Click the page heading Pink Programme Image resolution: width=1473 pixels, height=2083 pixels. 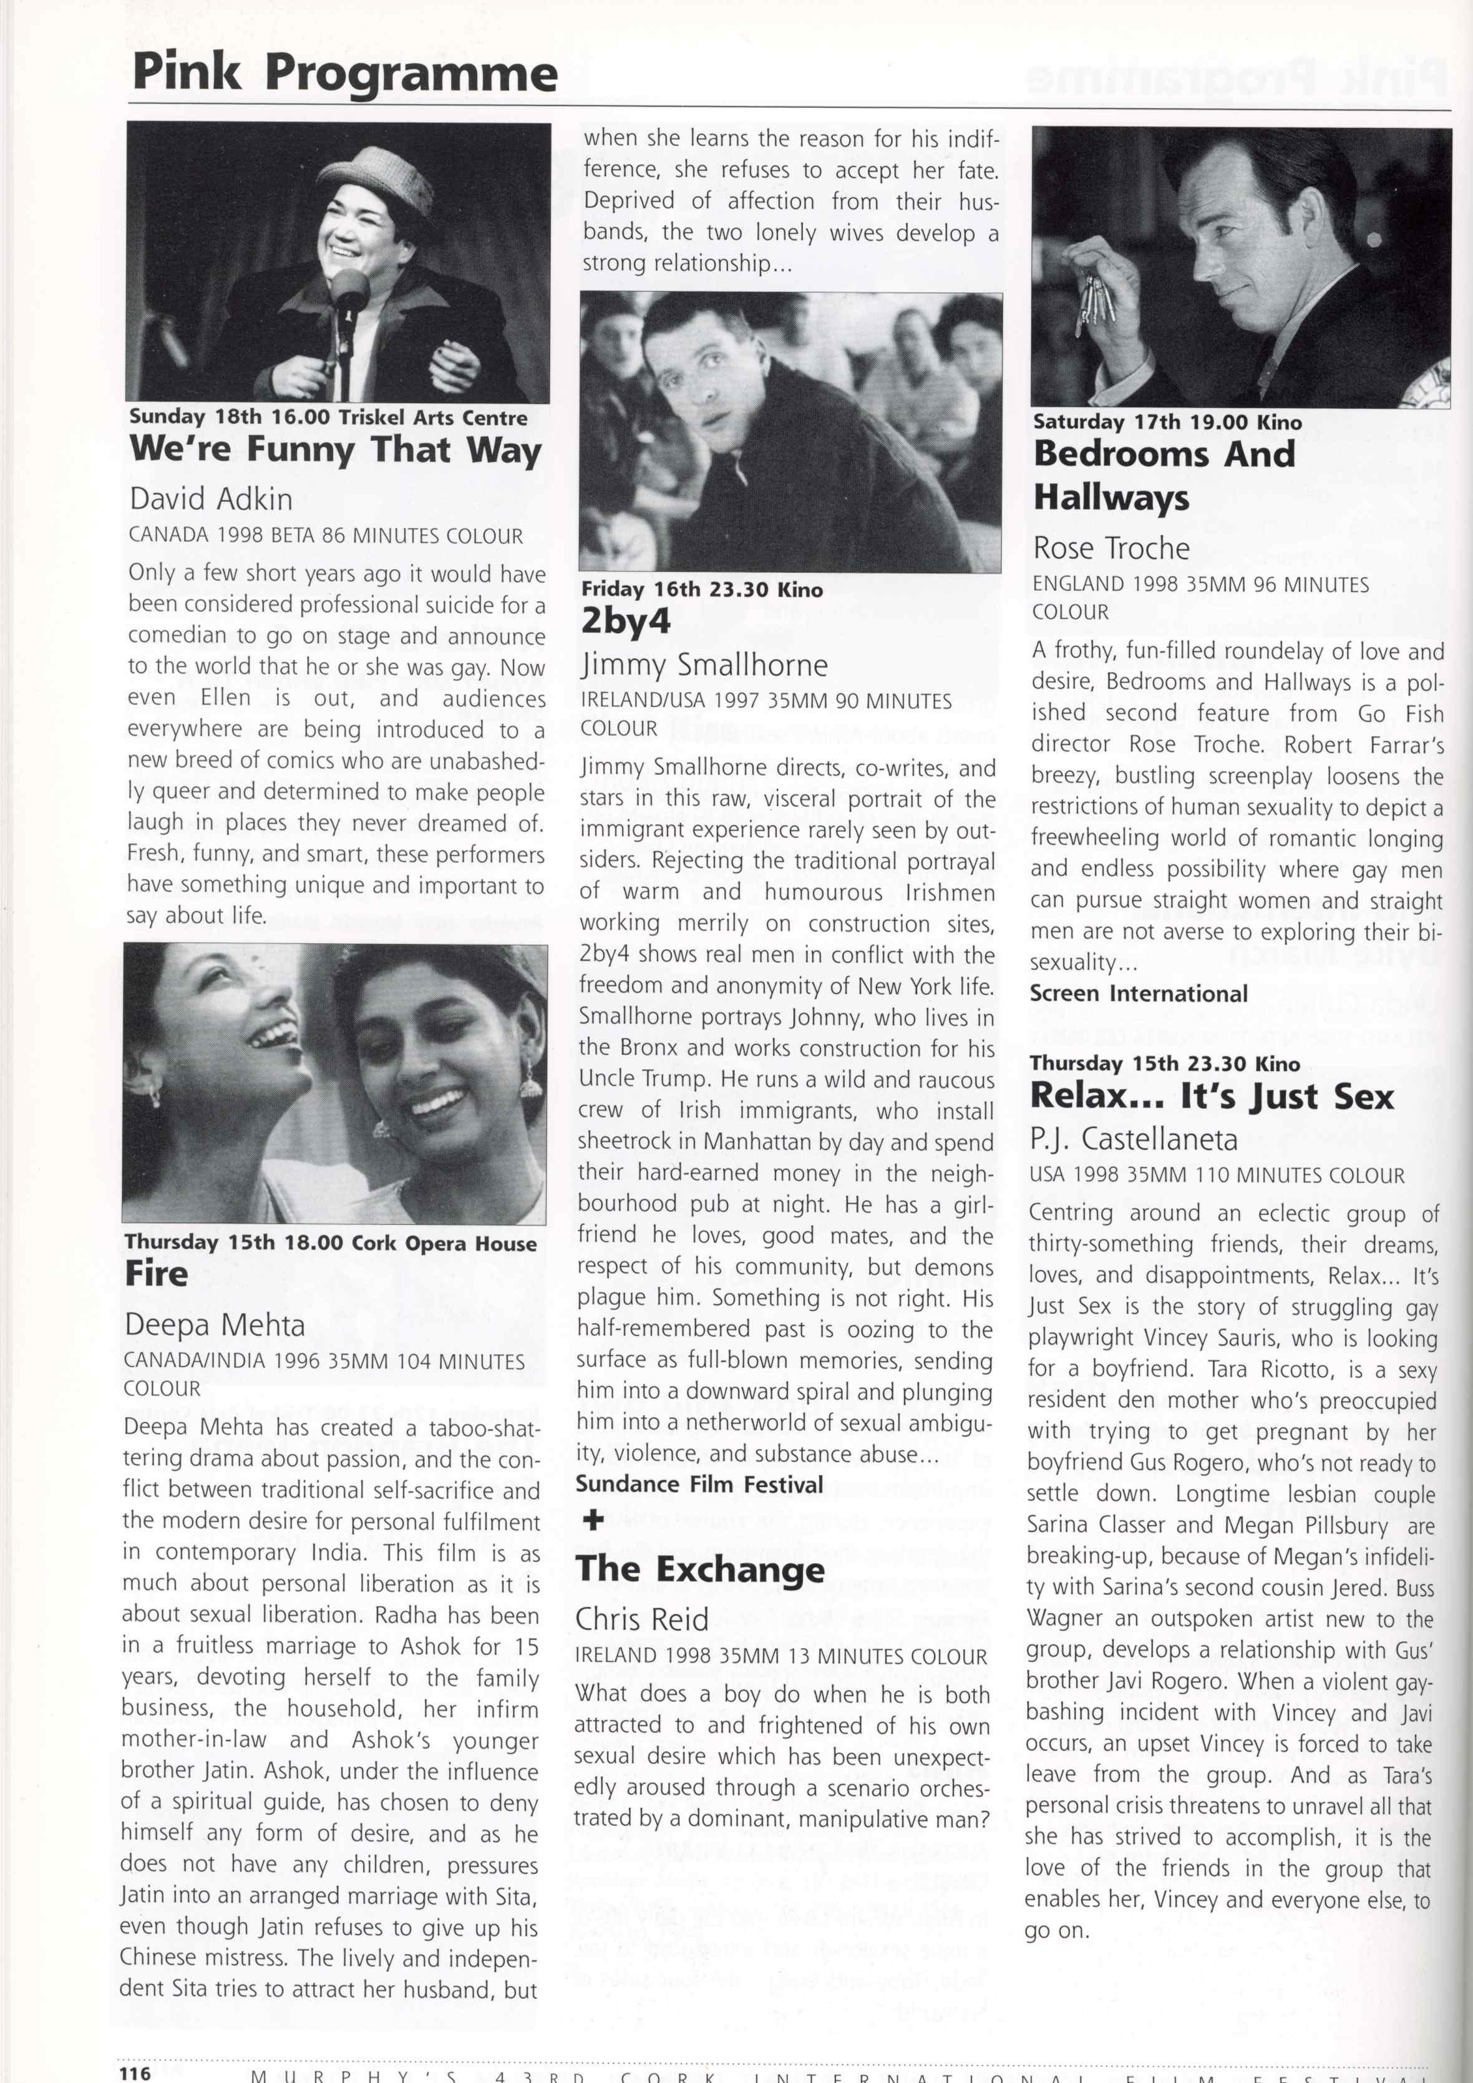click(344, 72)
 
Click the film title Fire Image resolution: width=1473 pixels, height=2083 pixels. click(157, 1274)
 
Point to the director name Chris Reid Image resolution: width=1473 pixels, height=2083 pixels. click(641, 1619)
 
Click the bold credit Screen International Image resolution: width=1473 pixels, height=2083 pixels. click(1139, 993)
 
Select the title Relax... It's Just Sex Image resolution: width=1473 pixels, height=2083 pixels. click(1211, 1097)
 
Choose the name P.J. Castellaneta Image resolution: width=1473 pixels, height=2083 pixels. click(1133, 1139)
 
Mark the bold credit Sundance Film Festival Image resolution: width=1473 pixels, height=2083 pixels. click(699, 1484)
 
